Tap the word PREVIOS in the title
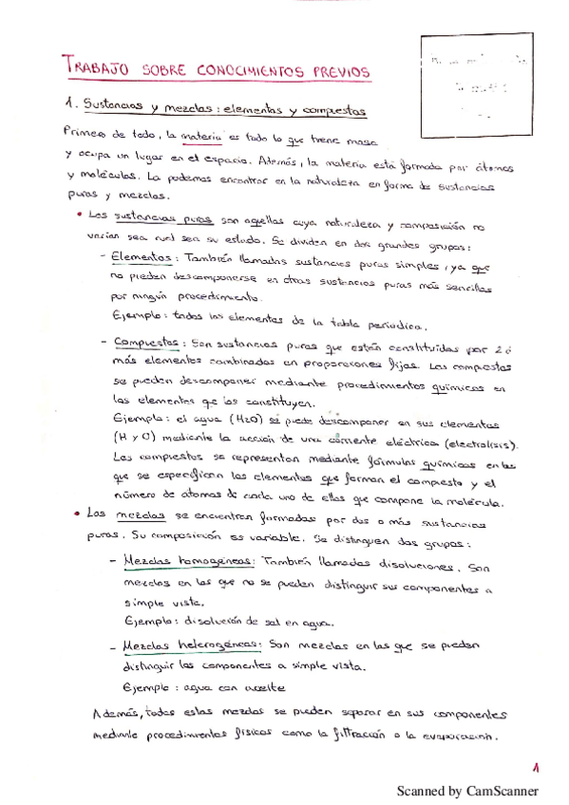pyautogui.click(x=336, y=73)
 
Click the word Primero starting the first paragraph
pyautogui.click(x=85, y=131)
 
